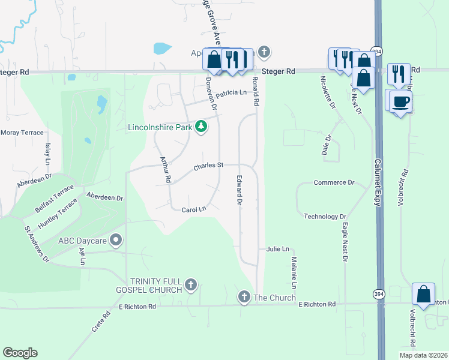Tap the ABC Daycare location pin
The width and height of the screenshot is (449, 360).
point(117,241)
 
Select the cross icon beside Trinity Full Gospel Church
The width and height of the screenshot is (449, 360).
point(191,284)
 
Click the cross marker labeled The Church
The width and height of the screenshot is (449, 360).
point(244,296)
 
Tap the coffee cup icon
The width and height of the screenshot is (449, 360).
point(400,101)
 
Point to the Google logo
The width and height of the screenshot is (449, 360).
point(20,353)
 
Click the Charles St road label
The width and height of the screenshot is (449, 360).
point(208,165)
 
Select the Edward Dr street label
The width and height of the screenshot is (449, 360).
point(240,191)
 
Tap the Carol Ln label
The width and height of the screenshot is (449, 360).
point(194,209)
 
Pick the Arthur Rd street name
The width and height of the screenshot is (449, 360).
point(165,170)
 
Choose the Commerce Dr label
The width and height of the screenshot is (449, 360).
point(334,182)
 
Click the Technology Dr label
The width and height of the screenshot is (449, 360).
point(325,217)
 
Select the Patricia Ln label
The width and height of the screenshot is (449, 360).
point(232,93)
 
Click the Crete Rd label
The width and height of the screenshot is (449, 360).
point(106,323)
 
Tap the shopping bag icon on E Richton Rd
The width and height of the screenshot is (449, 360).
point(423,295)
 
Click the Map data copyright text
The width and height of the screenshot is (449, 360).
point(423,355)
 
